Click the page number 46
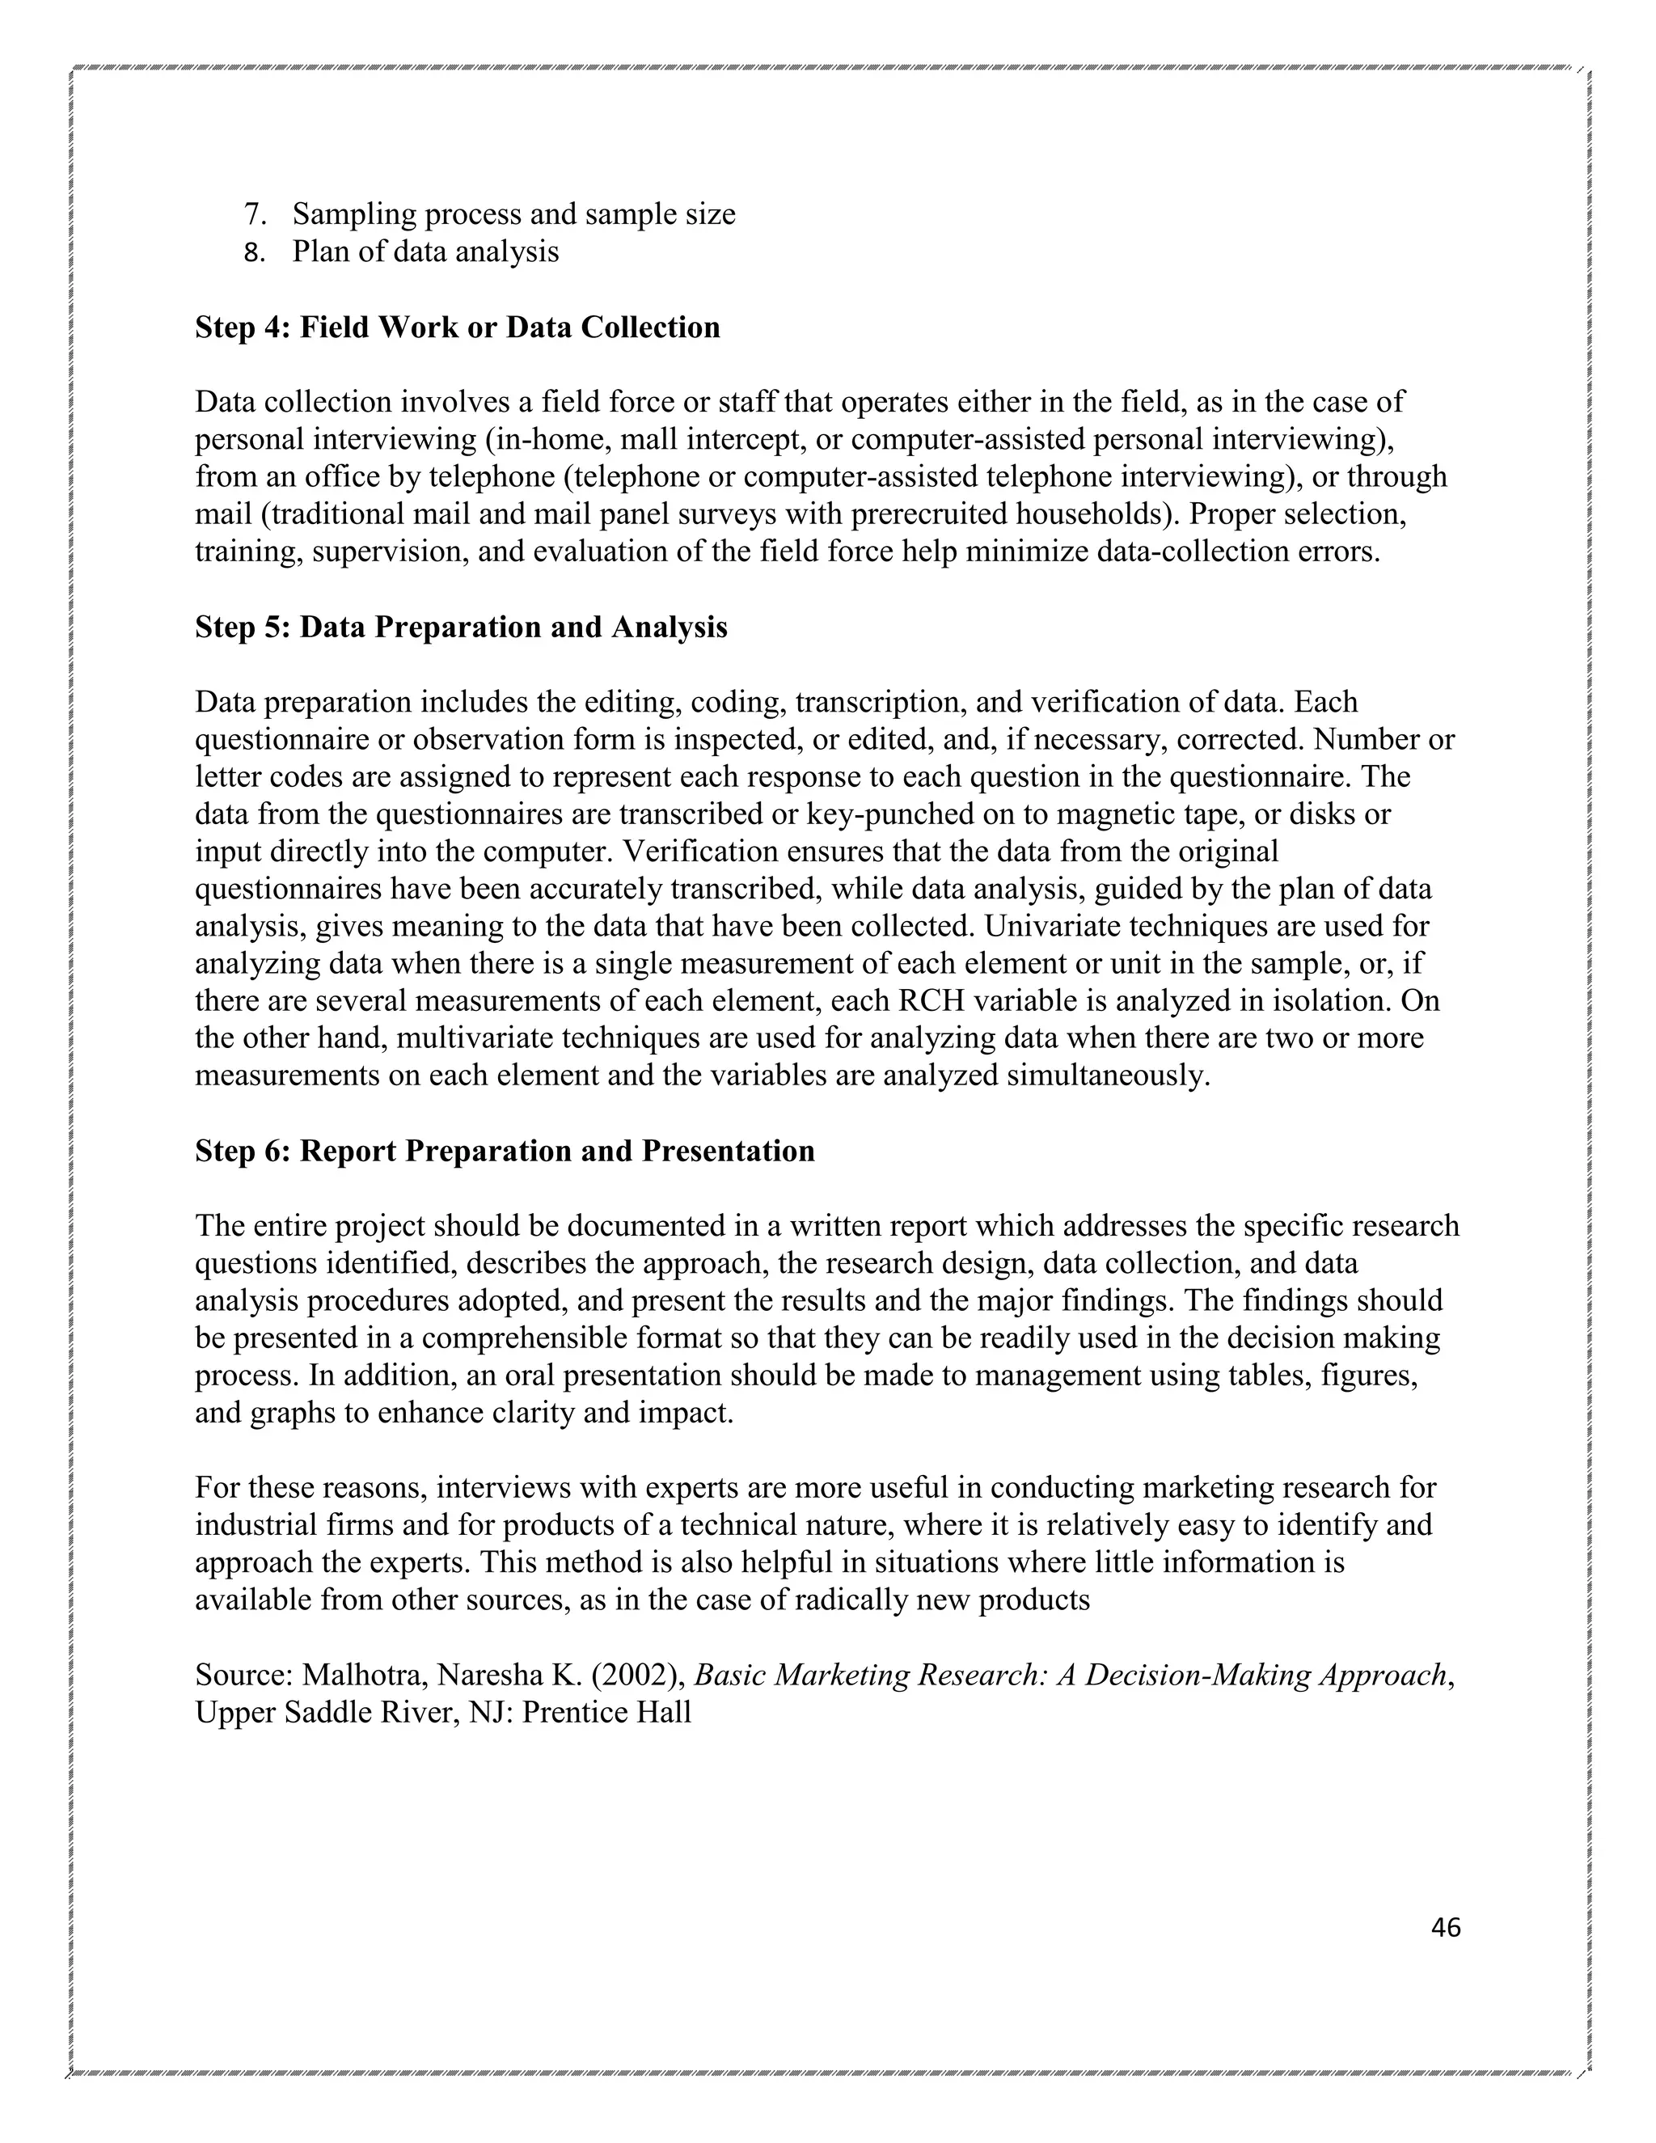click(1445, 1927)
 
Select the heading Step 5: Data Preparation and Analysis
click(461, 627)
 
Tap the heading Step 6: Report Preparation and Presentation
click(505, 1150)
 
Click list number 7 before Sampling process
click(254, 214)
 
